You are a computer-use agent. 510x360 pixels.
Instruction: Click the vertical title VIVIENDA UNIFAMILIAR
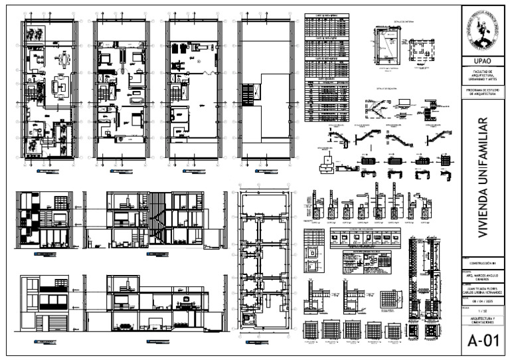483,177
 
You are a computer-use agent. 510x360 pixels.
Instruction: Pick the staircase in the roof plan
249,93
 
